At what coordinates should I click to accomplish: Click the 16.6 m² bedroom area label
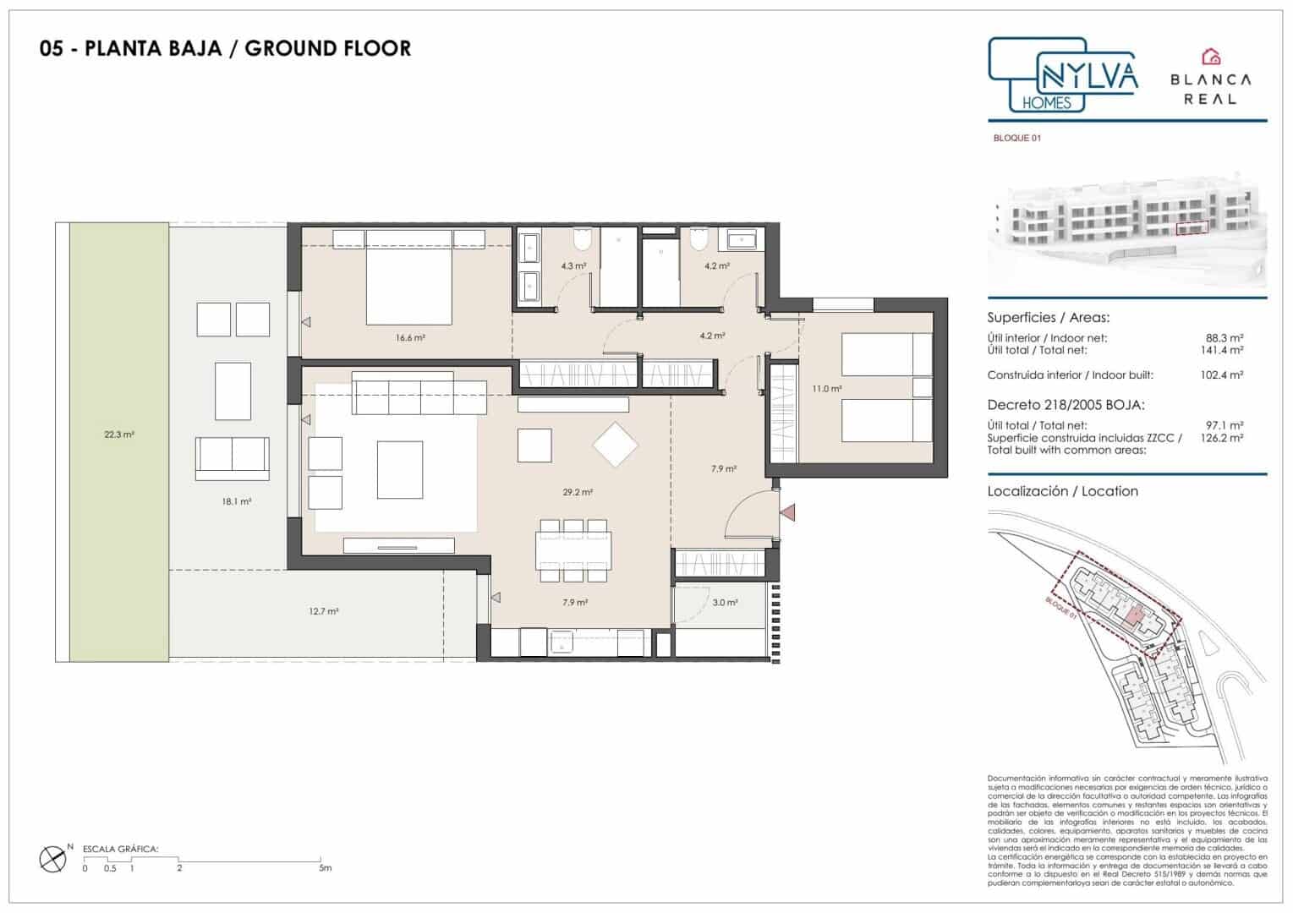pos(409,337)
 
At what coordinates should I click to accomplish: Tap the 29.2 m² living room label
pos(578,492)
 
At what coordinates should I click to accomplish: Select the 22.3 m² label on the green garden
pos(119,435)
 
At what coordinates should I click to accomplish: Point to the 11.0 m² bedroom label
pos(826,389)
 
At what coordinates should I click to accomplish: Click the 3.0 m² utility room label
pos(724,603)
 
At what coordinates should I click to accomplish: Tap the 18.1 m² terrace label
pos(237,501)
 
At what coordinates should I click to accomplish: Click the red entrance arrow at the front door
pos(788,511)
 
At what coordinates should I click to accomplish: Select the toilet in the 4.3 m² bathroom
pos(581,241)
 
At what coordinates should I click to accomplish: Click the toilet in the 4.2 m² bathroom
pos(698,241)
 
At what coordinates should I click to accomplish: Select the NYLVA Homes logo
pos(1062,76)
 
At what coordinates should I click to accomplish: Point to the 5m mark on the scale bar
pos(326,867)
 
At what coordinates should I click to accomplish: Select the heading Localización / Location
pos(1062,491)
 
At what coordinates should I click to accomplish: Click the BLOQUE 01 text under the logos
pos(1016,138)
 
